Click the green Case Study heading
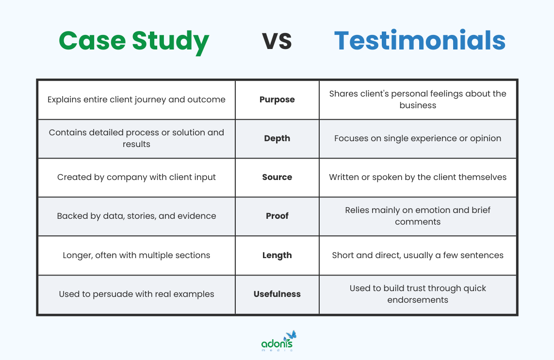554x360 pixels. [134, 41]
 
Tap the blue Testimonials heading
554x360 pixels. [420, 41]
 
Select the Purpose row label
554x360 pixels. [277, 99]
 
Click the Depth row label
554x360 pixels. [277, 138]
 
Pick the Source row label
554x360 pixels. [277, 177]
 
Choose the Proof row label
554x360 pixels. [277, 216]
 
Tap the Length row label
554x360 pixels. [277, 255]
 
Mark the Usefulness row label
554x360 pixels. [277, 294]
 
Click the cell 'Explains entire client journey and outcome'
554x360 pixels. [136, 99]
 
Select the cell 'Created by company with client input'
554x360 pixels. [136, 177]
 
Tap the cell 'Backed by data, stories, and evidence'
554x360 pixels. [136, 216]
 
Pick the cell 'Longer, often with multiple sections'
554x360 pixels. [136, 255]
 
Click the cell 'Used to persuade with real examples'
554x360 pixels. [136, 294]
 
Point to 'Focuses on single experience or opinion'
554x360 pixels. [418, 138]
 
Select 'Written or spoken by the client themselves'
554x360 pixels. [418, 177]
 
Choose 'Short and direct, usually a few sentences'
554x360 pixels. [418, 255]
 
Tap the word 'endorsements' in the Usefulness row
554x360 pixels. [418, 300]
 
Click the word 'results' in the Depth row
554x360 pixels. [136, 144]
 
